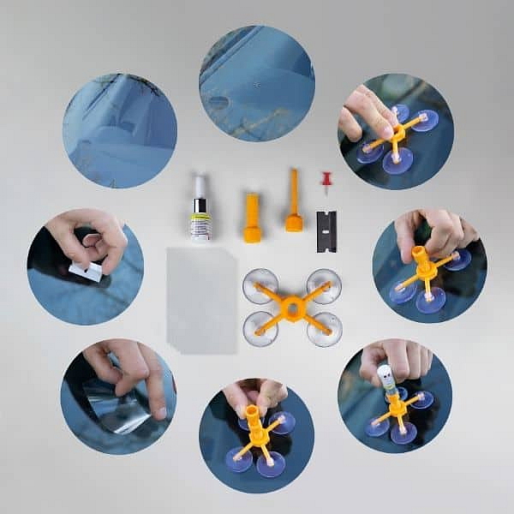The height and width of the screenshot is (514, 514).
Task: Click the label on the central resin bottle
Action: [200, 225]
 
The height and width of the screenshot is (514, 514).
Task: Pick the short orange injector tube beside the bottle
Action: [252, 219]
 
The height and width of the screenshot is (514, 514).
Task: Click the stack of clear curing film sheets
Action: [201, 300]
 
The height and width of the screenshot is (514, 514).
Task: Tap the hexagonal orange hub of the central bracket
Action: [292, 306]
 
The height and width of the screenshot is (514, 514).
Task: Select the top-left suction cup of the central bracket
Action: [260, 285]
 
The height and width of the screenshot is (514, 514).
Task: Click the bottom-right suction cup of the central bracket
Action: [325, 330]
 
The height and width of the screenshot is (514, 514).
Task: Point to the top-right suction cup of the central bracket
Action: [324, 285]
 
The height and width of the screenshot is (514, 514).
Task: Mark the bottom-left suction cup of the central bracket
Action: [260, 329]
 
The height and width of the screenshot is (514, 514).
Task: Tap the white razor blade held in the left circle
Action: [86, 272]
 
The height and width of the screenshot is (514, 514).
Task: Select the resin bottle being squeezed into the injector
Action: [385, 378]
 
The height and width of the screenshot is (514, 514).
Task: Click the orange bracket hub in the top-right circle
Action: [395, 136]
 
